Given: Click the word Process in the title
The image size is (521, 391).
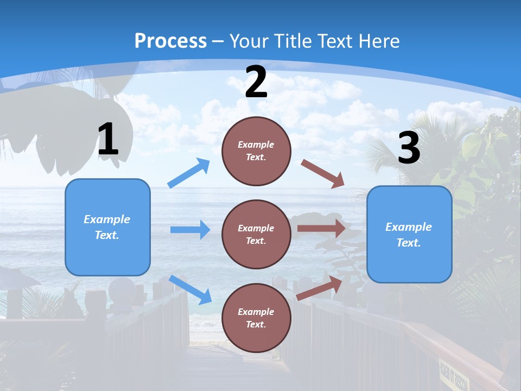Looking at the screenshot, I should click(170, 41).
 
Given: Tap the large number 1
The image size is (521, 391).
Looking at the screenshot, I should click(108, 139).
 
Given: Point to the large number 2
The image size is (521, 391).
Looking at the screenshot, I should click(256, 82).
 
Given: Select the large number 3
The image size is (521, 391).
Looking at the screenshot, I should click(409, 148).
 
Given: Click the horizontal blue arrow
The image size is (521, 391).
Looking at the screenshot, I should click(190, 230).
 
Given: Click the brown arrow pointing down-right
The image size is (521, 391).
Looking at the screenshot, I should click(322, 173).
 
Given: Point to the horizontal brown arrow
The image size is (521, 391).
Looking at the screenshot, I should click(321, 228).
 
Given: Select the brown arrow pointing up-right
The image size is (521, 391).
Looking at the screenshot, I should click(319, 288).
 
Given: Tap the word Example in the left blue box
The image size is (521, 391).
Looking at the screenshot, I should click(107, 219).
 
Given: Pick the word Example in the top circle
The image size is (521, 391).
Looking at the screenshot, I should click(256, 144).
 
